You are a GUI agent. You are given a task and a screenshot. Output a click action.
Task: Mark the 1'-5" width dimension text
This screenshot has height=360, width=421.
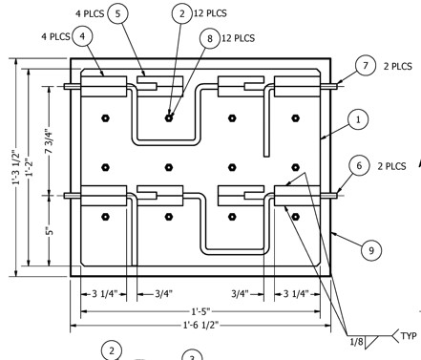coord(200,311)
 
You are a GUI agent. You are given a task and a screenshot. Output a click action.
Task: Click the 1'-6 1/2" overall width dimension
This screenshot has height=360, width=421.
coord(200,325)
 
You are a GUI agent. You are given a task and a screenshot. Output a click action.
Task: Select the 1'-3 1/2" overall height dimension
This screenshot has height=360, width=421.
coord(16,167)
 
